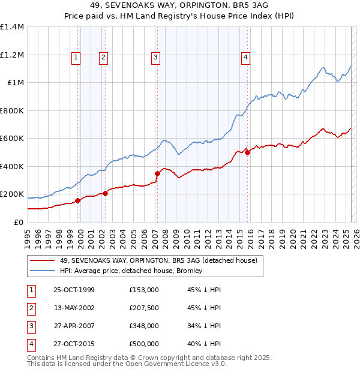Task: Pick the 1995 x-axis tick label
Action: click(x=28, y=236)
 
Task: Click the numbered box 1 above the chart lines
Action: click(x=77, y=58)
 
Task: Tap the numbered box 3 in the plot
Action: click(x=155, y=58)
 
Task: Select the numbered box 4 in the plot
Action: click(x=246, y=58)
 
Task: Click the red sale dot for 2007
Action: click(x=157, y=174)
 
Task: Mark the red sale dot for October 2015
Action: click(x=247, y=153)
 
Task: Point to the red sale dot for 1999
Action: click(x=77, y=201)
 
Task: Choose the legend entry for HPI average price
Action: click(x=131, y=271)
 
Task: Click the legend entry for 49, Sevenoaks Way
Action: click(x=158, y=260)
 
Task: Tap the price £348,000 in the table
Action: click(x=144, y=326)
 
